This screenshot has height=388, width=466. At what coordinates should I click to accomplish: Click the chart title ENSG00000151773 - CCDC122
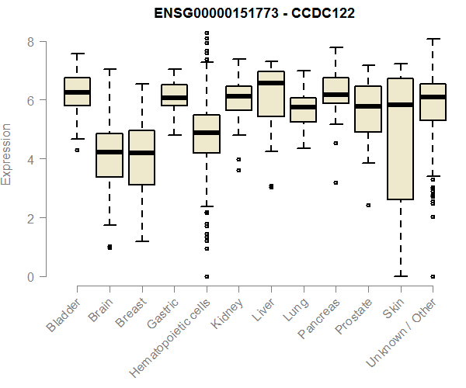pyautogui.click(x=232, y=13)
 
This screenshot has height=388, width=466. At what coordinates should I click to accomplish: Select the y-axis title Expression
pyautogui.click(x=7, y=154)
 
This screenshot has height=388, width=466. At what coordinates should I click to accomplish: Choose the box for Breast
pyautogui.click(x=141, y=158)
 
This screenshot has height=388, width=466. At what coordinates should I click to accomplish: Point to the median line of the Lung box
pyautogui.click(x=303, y=107)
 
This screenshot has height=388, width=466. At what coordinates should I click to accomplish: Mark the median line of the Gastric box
pyautogui.click(x=174, y=98)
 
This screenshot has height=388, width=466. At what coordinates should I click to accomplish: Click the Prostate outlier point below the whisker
pyautogui.click(x=368, y=205)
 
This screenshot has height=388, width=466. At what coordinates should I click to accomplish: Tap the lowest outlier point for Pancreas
pyautogui.click(x=336, y=182)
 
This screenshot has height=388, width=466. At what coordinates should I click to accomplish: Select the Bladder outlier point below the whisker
pyautogui.click(x=77, y=150)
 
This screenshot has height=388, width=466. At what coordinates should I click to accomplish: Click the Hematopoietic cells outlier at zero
pyautogui.click(x=206, y=276)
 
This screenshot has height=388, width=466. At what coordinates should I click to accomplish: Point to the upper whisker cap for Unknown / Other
pyautogui.click(x=433, y=39)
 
